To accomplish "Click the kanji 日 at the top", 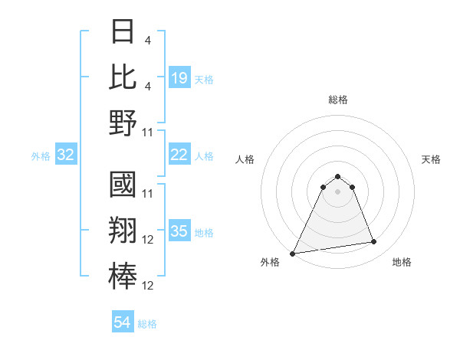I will click(123, 32).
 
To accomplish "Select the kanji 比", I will click(123, 77).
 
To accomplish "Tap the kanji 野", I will click(123, 123).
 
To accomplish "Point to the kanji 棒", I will click(123, 277).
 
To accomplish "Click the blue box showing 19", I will click(179, 77).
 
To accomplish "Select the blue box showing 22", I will click(179, 155).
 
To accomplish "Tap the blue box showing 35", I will click(179, 231).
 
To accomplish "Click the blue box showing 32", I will click(66, 155).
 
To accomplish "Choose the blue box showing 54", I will click(123, 323).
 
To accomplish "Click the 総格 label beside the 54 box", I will click(147, 324).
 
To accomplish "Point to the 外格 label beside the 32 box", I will click(41, 156).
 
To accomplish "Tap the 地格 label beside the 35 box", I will click(204, 232).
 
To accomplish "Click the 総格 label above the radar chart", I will click(338, 100).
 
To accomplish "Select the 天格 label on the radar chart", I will click(432, 159).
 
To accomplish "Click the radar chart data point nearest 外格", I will click(293, 254).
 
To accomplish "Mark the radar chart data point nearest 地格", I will click(374, 242).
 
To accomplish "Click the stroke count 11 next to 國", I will click(149, 193).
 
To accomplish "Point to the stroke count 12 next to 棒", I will click(149, 286).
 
